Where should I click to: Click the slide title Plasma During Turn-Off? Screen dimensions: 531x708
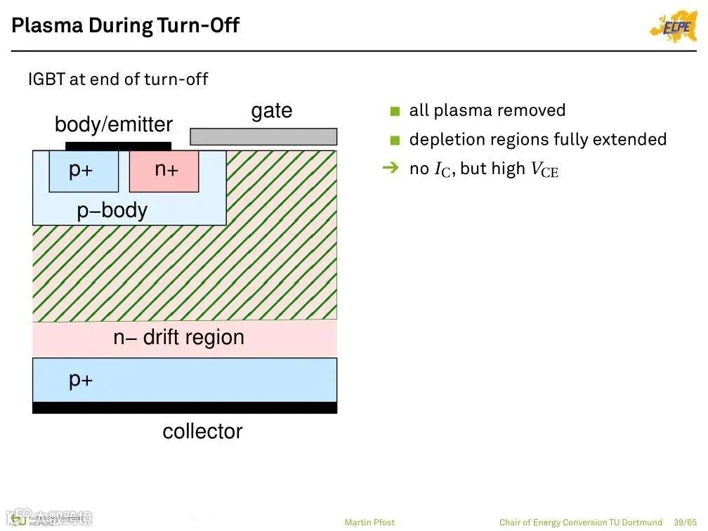pos(126,26)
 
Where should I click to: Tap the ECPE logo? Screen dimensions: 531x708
pos(673,27)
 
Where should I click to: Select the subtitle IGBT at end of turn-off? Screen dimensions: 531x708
pos(118,79)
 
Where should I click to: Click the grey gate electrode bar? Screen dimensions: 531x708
pos(263,136)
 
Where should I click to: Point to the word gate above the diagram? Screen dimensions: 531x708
pos(271,111)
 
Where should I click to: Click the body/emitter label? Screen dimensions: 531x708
pos(113,124)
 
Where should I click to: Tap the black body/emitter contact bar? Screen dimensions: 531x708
pos(118,146)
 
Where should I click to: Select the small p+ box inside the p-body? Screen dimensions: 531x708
pos(84,171)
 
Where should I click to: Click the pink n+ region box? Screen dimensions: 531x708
pos(164,171)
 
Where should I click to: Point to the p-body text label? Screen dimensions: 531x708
pos(112,210)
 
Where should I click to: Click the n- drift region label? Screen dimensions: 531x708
pos(178,338)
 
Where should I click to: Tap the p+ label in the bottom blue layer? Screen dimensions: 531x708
pos(81,380)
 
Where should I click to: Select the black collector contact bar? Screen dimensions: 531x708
pos(185,408)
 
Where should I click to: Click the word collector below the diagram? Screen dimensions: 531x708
pos(202,431)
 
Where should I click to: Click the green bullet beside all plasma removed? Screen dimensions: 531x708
pos(395,111)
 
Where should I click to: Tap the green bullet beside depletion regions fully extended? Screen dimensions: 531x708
pos(395,140)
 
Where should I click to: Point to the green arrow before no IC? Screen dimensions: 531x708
pos(390,169)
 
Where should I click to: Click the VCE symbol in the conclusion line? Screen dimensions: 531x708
pos(544,170)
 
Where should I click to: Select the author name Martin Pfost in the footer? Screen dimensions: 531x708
pos(369,523)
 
